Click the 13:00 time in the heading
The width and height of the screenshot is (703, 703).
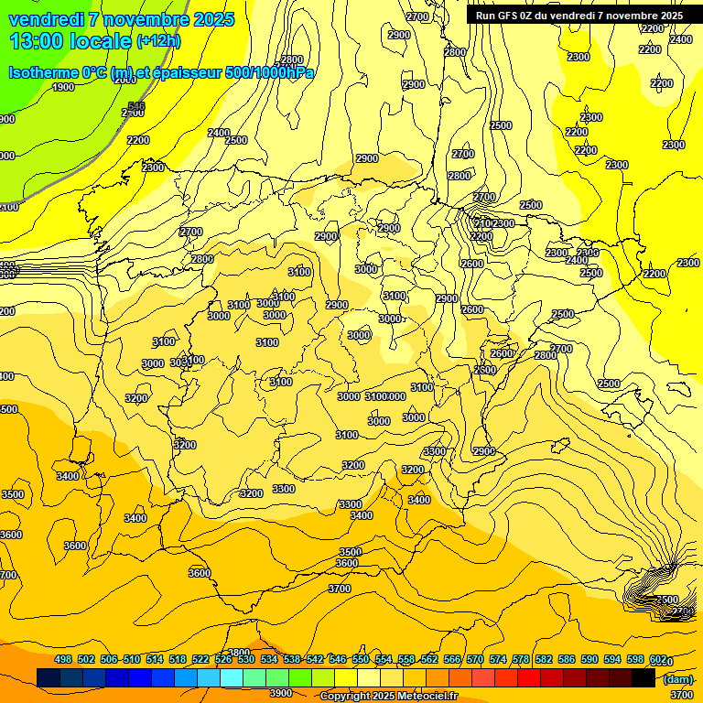point(38,40)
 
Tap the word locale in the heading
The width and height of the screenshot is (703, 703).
point(103,40)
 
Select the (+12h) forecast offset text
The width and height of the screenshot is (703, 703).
point(158,40)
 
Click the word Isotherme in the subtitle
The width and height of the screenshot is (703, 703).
point(42,72)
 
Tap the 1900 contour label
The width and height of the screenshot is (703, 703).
point(63,87)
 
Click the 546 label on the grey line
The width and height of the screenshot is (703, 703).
point(136,106)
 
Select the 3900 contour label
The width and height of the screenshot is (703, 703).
point(281,693)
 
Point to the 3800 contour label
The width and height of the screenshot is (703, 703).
point(238,653)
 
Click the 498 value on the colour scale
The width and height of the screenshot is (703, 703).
point(63,659)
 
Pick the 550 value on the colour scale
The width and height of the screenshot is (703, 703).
point(361,659)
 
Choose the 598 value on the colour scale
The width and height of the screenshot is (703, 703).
point(635,659)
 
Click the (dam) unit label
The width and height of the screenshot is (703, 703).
point(677,678)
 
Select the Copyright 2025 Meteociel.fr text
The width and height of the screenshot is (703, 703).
point(388,697)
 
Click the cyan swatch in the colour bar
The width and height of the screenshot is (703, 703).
point(232,677)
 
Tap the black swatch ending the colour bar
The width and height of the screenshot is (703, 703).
point(644,677)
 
